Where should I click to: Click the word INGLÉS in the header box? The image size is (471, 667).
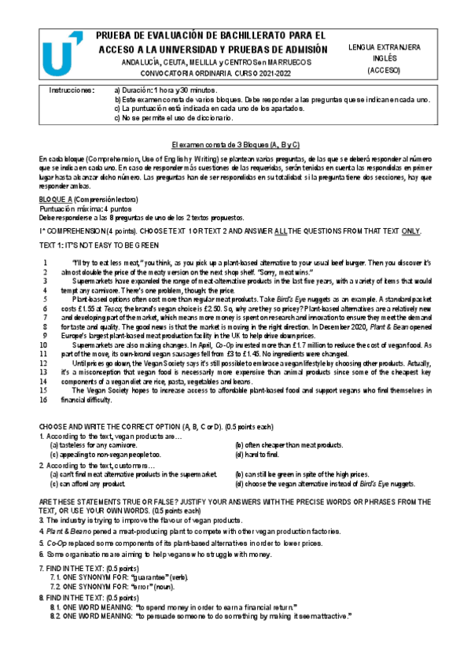(x=384, y=58)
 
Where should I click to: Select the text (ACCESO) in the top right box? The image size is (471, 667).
(x=384, y=70)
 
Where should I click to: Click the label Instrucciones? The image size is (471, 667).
(x=72, y=90)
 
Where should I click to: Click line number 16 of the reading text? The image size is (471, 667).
(x=45, y=400)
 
